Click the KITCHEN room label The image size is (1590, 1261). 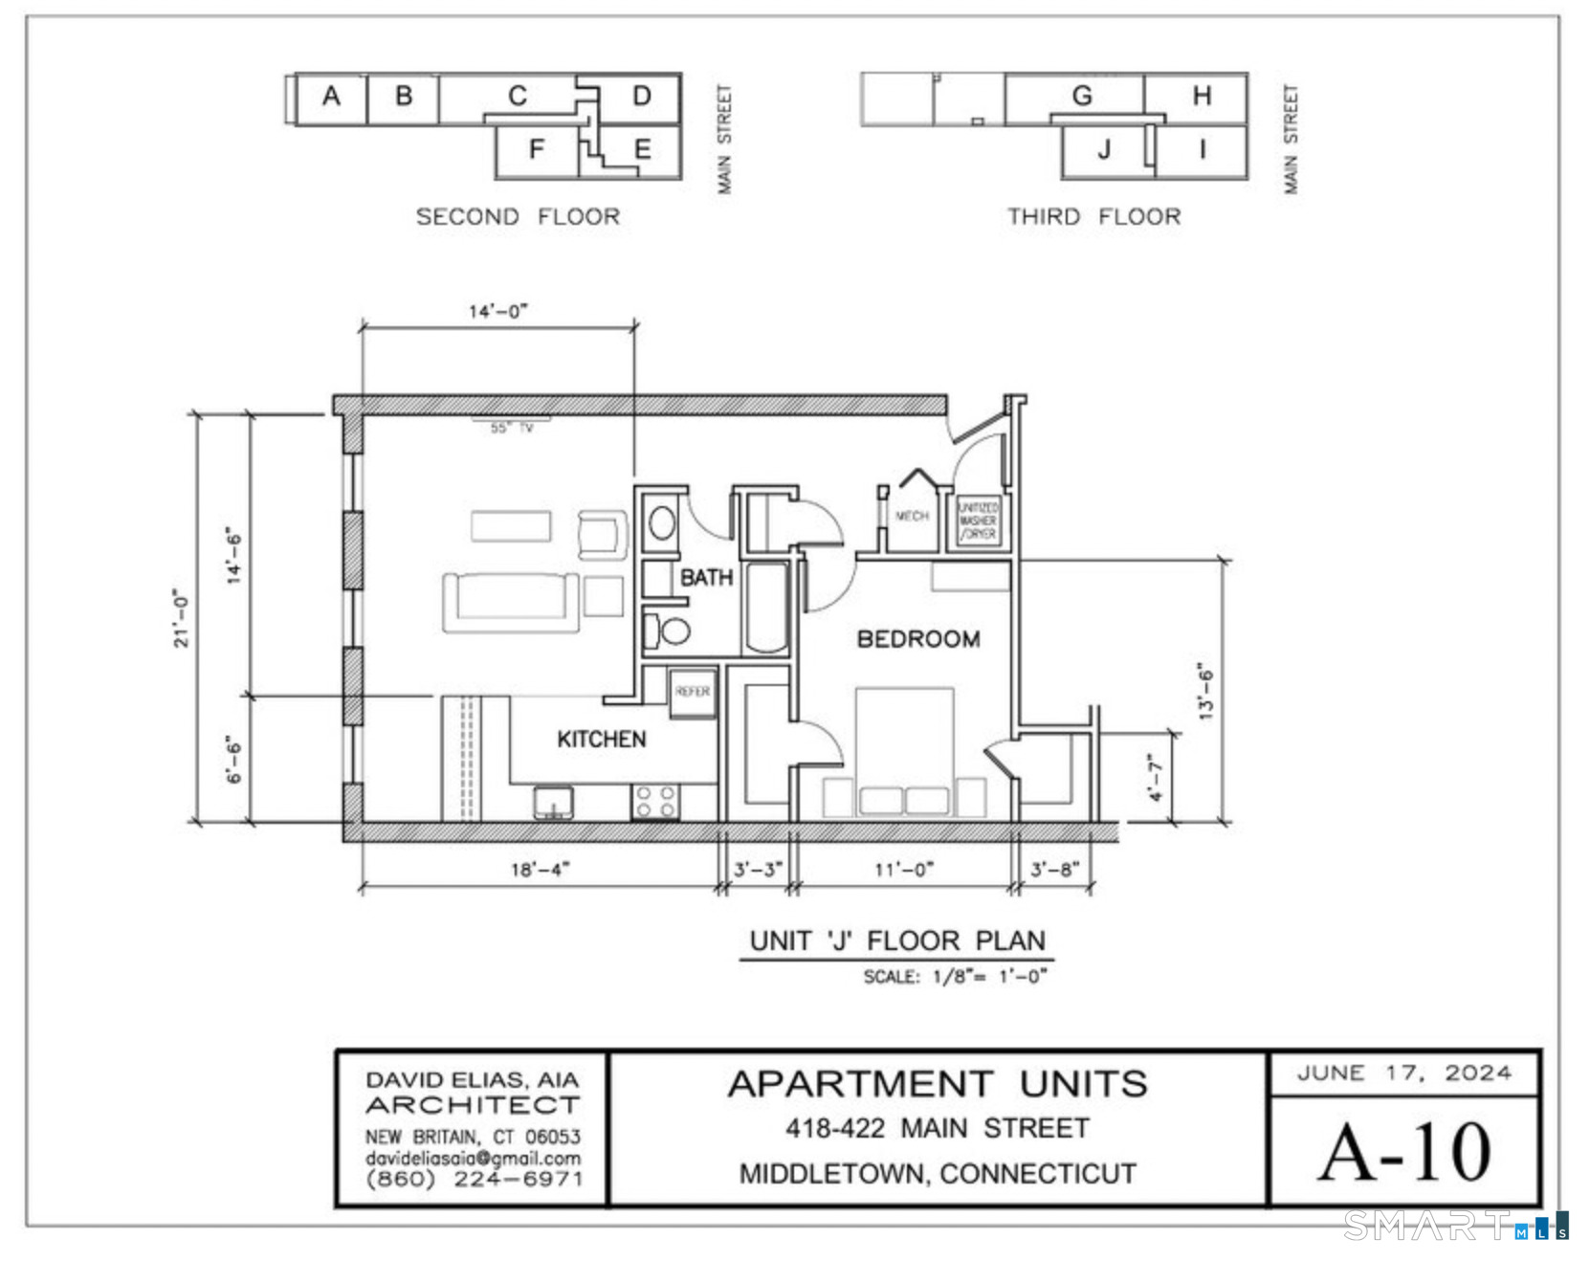tap(601, 739)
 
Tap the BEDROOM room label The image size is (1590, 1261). tap(917, 639)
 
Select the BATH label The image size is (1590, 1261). tap(706, 578)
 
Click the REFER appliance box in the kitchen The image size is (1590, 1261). tap(693, 692)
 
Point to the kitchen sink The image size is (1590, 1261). tap(553, 802)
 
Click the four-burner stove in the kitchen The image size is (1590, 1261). tap(655, 802)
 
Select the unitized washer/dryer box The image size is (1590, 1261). tap(978, 521)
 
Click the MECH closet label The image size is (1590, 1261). tap(911, 516)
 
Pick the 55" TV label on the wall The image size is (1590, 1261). tap(512, 428)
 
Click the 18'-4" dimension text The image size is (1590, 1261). tap(540, 869)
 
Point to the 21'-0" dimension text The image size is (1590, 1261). tap(182, 618)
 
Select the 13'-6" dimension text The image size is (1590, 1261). tap(1205, 691)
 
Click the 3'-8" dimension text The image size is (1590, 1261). tap(1054, 869)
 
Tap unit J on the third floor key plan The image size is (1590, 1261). tap(1104, 150)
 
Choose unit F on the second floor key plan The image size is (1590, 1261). tap(537, 149)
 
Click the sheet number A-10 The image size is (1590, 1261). tap(1403, 1152)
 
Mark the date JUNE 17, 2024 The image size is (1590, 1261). tap(1403, 1073)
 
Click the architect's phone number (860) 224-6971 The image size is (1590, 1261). tap(474, 1180)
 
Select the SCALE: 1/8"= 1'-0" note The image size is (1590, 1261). tap(955, 977)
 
